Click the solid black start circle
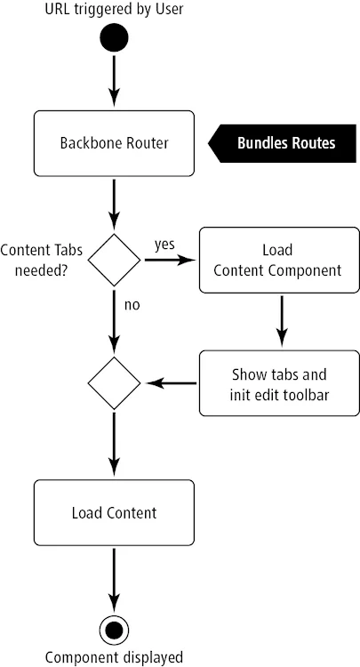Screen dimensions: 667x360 (x=114, y=38)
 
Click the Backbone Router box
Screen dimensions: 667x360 (x=114, y=142)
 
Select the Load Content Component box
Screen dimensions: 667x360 (x=278, y=260)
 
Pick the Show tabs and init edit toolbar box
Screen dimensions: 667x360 (x=278, y=383)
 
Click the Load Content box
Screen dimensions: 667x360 (x=114, y=512)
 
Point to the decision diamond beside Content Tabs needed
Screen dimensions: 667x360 (x=114, y=260)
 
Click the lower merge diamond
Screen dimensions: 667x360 (x=114, y=383)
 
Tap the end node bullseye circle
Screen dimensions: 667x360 (x=114, y=630)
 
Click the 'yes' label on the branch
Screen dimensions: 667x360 (x=164, y=243)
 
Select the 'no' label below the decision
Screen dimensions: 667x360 (x=132, y=305)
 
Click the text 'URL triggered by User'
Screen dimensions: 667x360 (x=114, y=11)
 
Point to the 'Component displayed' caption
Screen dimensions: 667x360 (x=114, y=657)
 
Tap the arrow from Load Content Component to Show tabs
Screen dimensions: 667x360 (x=281, y=320)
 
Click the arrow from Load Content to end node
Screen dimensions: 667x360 (x=114, y=578)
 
